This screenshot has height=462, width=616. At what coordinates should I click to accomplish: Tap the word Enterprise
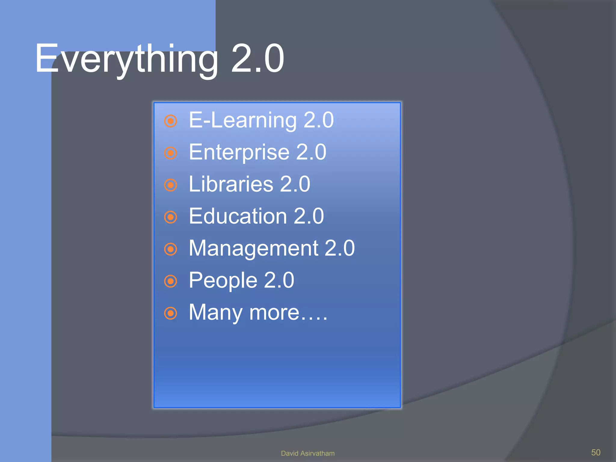(x=239, y=152)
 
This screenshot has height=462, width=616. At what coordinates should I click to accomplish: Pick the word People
(x=223, y=280)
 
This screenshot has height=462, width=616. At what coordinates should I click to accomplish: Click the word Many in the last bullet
(x=215, y=313)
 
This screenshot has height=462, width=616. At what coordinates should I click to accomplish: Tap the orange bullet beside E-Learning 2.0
(x=171, y=121)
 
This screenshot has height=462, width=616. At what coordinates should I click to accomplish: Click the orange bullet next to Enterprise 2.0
(x=171, y=153)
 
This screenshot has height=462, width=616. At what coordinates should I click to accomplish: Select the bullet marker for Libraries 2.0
(x=171, y=185)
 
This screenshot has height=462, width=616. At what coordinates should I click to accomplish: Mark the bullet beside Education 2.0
(x=171, y=217)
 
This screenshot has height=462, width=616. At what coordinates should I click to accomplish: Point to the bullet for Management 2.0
(x=171, y=249)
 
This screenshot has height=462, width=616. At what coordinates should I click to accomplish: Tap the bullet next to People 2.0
(x=171, y=281)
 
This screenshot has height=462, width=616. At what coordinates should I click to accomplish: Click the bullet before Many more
(x=171, y=313)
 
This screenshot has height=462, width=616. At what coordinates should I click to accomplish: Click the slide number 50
(x=596, y=452)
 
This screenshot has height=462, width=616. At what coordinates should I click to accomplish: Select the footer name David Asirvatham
(x=307, y=453)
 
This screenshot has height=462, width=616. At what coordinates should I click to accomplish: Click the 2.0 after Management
(x=340, y=248)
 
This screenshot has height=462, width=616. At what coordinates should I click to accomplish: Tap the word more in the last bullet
(x=274, y=313)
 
